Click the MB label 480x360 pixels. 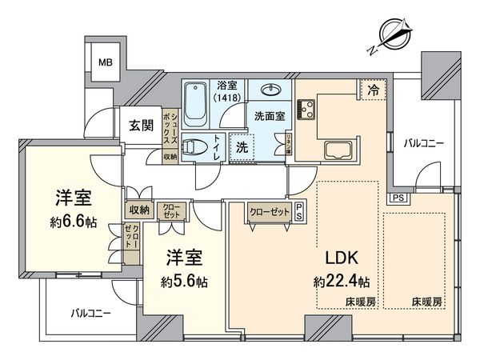point(106,61)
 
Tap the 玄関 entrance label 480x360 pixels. point(142,126)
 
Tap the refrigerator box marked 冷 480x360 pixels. point(374,90)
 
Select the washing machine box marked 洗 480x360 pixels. point(242,148)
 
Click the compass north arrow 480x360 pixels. point(393,36)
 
